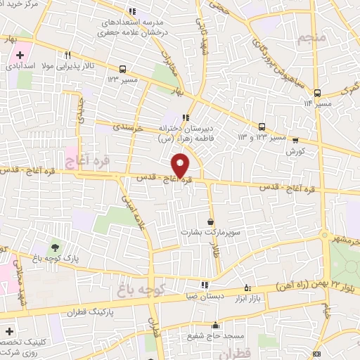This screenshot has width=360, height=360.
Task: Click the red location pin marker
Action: pyautogui.click(x=181, y=166)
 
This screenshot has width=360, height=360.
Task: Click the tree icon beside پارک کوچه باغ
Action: pyautogui.click(x=54, y=247)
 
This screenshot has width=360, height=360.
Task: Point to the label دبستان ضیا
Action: pyautogui.click(x=204, y=296)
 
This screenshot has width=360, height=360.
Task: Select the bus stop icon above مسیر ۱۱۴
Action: pyautogui.click(x=317, y=92)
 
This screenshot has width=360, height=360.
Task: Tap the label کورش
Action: pyautogui.click(x=293, y=150)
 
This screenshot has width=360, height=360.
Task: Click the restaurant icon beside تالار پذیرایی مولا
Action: pyautogui.click(x=68, y=54)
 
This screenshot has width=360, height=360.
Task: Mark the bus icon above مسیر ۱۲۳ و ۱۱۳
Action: pyautogui.click(x=262, y=127)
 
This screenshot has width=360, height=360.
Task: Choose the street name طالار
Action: pyautogui.click(x=218, y=258)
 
